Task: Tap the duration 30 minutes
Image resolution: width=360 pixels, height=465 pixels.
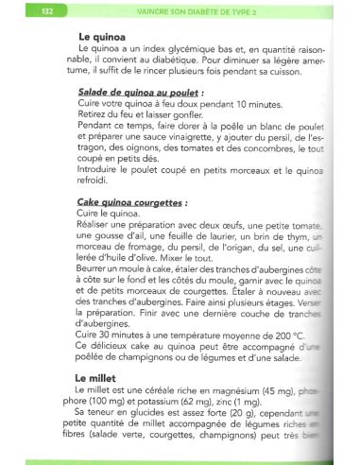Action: point(114,335)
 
